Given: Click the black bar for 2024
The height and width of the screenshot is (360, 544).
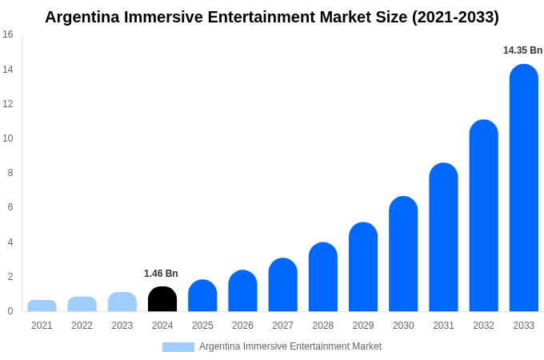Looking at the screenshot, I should pyautogui.click(x=162, y=299).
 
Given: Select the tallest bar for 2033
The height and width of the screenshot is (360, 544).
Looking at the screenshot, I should pyautogui.click(x=524, y=188).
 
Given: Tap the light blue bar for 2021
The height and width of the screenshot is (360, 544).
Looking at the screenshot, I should pyautogui.click(x=42, y=306).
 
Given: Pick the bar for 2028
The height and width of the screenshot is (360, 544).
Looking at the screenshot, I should pyautogui.click(x=323, y=277).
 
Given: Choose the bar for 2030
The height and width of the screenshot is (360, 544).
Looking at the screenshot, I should pyautogui.click(x=403, y=254).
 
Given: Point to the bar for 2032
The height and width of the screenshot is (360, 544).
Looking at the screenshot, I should pyautogui.click(x=484, y=216).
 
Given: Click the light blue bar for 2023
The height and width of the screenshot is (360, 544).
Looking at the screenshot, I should pyautogui.click(x=122, y=302).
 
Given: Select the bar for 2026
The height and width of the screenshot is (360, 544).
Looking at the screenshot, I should pyautogui.click(x=242, y=291).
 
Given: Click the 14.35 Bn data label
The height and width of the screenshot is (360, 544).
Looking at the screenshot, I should pyautogui.click(x=522, y=50).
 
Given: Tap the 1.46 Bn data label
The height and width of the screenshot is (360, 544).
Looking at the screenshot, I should pyautogui.click(x=161, y=274).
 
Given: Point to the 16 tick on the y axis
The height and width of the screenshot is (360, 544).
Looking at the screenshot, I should pyautogui.click(x=8, y=34).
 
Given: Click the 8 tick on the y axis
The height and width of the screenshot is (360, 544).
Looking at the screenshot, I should pyautogui.click(x=10, y=173).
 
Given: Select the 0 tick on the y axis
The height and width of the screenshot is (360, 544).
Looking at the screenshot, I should pyautogui.click(x=10, y=311).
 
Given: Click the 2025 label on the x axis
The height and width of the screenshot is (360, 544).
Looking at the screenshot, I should pyautogui.click(x=202, y=326).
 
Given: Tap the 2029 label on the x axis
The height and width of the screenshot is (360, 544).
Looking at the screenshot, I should pyautogui.click(x=363, y=326).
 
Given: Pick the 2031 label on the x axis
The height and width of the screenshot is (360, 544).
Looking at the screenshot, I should pyautogui.click(x=443, y=326).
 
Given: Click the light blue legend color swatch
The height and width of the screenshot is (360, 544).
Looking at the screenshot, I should pyautogui.click(x=178, y=347).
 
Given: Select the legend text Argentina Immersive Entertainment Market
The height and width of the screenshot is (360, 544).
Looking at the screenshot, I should pyautogui.click(x=290, y=346).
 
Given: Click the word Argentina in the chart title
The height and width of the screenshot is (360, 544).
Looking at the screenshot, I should pyautogui.click(x=82, y=17).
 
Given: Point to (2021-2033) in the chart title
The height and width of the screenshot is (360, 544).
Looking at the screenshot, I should pyautogui.click(x=455, y=17).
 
